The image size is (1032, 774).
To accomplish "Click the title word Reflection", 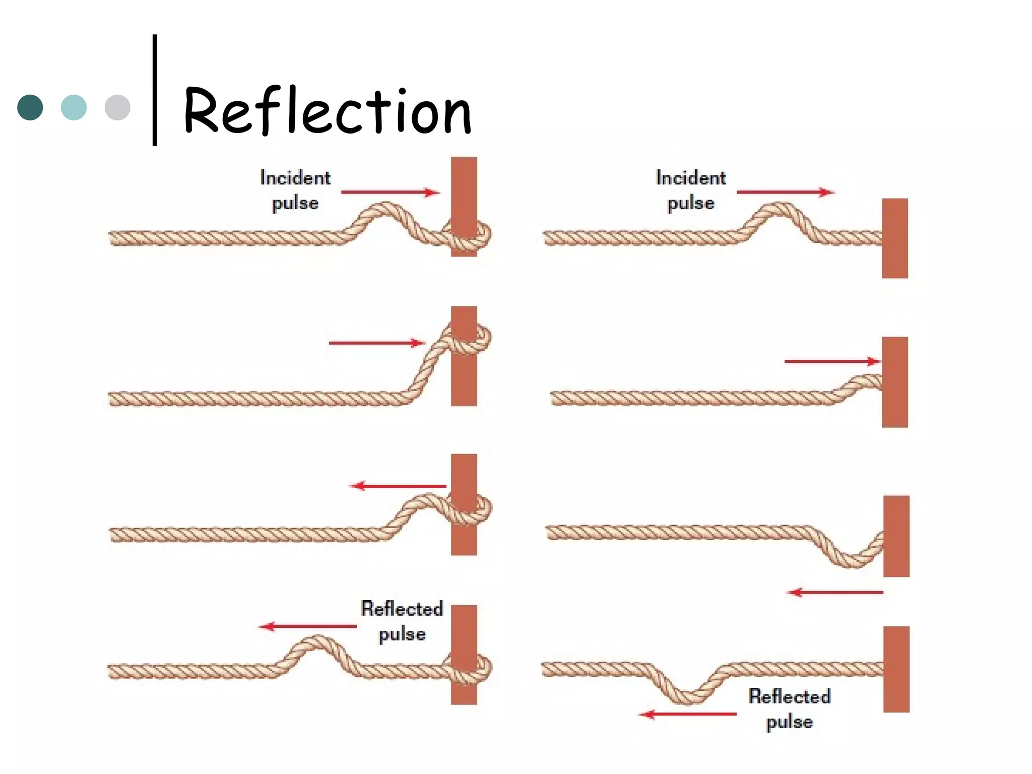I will coord(328,111).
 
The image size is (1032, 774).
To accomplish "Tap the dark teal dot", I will coord(30,107).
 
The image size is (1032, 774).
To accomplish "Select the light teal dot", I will coord(74,107).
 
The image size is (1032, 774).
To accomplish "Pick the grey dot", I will coord(117,107).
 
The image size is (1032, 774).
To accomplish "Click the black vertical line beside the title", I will coord(155,91).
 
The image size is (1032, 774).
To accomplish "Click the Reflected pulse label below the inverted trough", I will coord(790,708).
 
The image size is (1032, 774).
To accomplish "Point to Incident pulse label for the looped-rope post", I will coord(295,190).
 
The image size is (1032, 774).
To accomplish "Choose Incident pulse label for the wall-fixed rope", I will coord(691,190).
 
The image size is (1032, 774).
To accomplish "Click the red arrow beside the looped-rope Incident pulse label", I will coord(391,192).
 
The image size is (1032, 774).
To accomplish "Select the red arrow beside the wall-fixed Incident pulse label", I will coord(785,192).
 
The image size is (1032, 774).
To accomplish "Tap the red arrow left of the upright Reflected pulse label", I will coord(308,626).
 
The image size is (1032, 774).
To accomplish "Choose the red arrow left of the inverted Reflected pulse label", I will coord(688,714).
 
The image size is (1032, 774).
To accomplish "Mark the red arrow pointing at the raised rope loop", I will coord(377,343).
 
